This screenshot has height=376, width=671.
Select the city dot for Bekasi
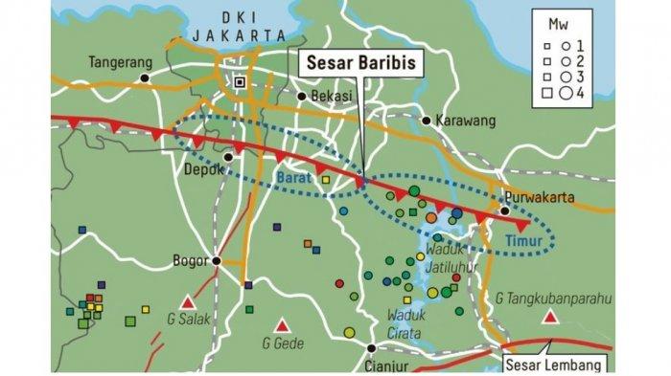point(301,97)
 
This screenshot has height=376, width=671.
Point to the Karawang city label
point(464,121)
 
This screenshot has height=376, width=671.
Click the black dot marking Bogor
point(217,260)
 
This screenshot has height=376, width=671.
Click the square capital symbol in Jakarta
point(239,82)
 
